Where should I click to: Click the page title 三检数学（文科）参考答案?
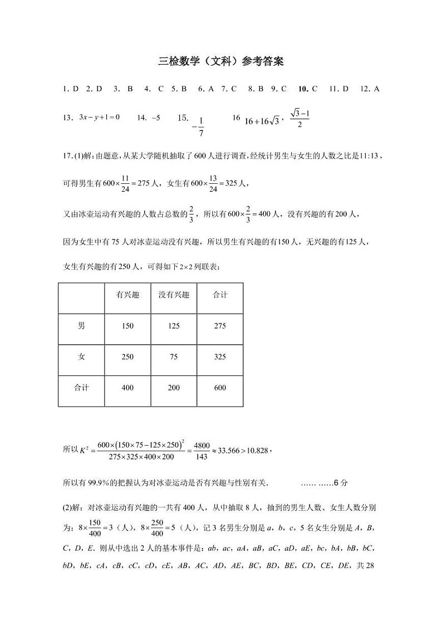pyautogui.click(x=221, y=62)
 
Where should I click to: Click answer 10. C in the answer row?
pyautogui.click(x=308, y=89)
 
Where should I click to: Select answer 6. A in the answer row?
pyautogui.click(x=207, y=89)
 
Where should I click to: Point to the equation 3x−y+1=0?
pyautogui.click(x=100, y=117)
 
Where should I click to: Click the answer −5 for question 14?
pyautogui.click(x=156, y=118)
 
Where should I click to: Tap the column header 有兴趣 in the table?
pyautogui.click(x=127, y=295)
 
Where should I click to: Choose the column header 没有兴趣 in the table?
pyautogui.click(x=174, y=295)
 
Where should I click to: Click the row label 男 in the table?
pyautogui.click(x=81, y=326)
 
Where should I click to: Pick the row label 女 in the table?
pyautogui.click(x=81, y=357)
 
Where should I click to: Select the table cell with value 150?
pyautogui.click(x=127, y=326)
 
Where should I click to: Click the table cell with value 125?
pyautogui.click(x=174, y=326)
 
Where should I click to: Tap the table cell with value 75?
pyautogui.click(x=174, y=357)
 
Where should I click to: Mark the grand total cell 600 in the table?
pyautogui.click(x=220, y=388)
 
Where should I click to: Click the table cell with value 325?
pyautogui.click(x=220, y=357)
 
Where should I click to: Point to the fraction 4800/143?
pyautogui.click(x=202, y=451)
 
